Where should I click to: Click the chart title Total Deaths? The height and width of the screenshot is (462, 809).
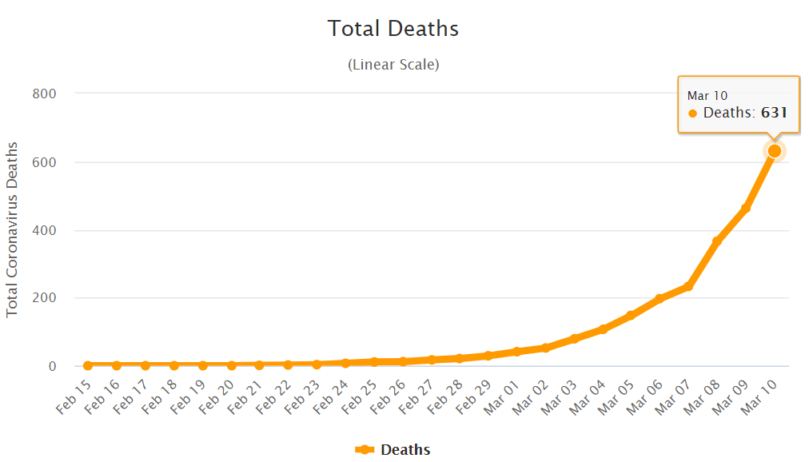(x=393, y=29)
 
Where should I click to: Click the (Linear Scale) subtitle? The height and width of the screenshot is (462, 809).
(x=393, y=65)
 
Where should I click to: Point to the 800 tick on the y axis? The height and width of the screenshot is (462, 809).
(x=44, y=94)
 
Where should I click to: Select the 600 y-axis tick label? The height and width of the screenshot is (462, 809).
(x=44, y=162)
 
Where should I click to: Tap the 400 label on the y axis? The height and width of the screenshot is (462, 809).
(x=44, y=230)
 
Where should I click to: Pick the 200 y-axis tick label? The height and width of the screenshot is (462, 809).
(x=44, y=298)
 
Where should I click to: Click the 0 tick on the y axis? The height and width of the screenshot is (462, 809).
(x=52, y=366)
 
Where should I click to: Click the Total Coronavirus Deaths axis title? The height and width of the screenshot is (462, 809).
(x=12, y=229)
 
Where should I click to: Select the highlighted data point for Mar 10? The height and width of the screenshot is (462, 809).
(x=774, y=150)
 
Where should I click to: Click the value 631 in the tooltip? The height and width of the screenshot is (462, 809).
(x=774, y=113)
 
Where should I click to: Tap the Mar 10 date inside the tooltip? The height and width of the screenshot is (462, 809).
(x=707, y=96)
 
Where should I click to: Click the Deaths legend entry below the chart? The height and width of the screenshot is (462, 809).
(x=393, y=449)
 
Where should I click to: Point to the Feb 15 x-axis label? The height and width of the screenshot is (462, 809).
(x=74, y=396)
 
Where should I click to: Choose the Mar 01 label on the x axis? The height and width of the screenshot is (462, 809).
(x=504, y=397)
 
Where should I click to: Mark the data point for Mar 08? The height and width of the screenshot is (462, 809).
(x=717, y=241)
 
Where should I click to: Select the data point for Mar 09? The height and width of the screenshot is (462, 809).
(x=746, y=209)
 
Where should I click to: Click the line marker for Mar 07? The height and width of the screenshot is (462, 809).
(x=687, y=285)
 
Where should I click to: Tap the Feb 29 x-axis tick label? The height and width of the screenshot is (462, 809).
(x=476, y=397)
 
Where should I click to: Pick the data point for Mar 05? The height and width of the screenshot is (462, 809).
(x=631, y=315)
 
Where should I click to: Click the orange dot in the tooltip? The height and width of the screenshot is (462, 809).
(x=692, y=114)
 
